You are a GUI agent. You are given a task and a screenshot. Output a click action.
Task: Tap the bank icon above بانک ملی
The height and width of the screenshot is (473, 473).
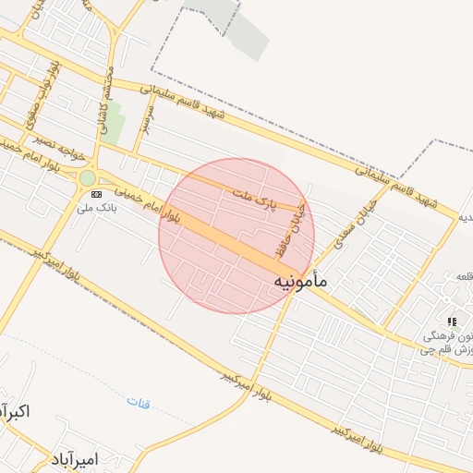coord(97,194)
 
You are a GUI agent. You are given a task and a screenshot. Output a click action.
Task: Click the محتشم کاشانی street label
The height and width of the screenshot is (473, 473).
coord(107,102)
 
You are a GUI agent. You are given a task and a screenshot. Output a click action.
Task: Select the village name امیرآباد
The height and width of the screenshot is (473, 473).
coord(76,459)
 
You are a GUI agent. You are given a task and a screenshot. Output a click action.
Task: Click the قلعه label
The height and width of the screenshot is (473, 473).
coord(462,276)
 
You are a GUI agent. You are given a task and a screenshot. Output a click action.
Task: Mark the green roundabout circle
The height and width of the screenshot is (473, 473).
coord(87,177)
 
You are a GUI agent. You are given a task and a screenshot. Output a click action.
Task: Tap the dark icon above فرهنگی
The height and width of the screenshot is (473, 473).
coord(452,321)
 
